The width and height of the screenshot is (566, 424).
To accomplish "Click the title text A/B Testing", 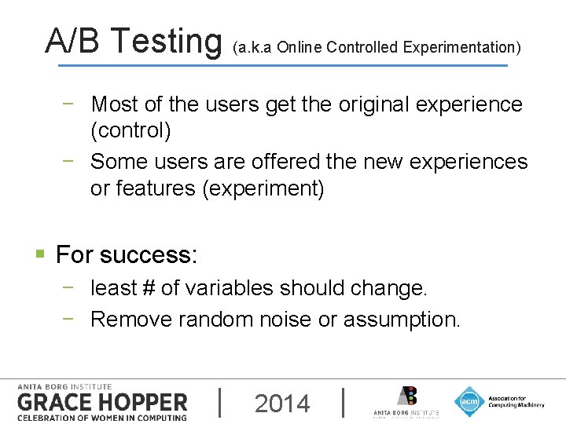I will point(134,40).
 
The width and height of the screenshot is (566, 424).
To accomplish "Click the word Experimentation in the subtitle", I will point(461,47).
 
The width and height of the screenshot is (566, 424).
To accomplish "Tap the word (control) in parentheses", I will point(130,130).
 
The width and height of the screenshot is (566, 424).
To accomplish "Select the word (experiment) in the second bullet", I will point(263,188).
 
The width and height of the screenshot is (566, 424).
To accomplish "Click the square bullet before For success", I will point(40,254).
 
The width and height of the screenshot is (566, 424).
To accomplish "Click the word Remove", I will point(131,320).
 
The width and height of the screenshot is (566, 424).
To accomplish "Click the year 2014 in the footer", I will point(282,404).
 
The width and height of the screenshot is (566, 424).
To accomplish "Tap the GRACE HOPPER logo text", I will point(102,403).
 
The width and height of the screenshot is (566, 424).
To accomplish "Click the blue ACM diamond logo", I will point(469,402).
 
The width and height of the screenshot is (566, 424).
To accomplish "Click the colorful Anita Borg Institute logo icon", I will point(406,397).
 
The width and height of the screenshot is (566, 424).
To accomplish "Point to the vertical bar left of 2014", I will point(219,403).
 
